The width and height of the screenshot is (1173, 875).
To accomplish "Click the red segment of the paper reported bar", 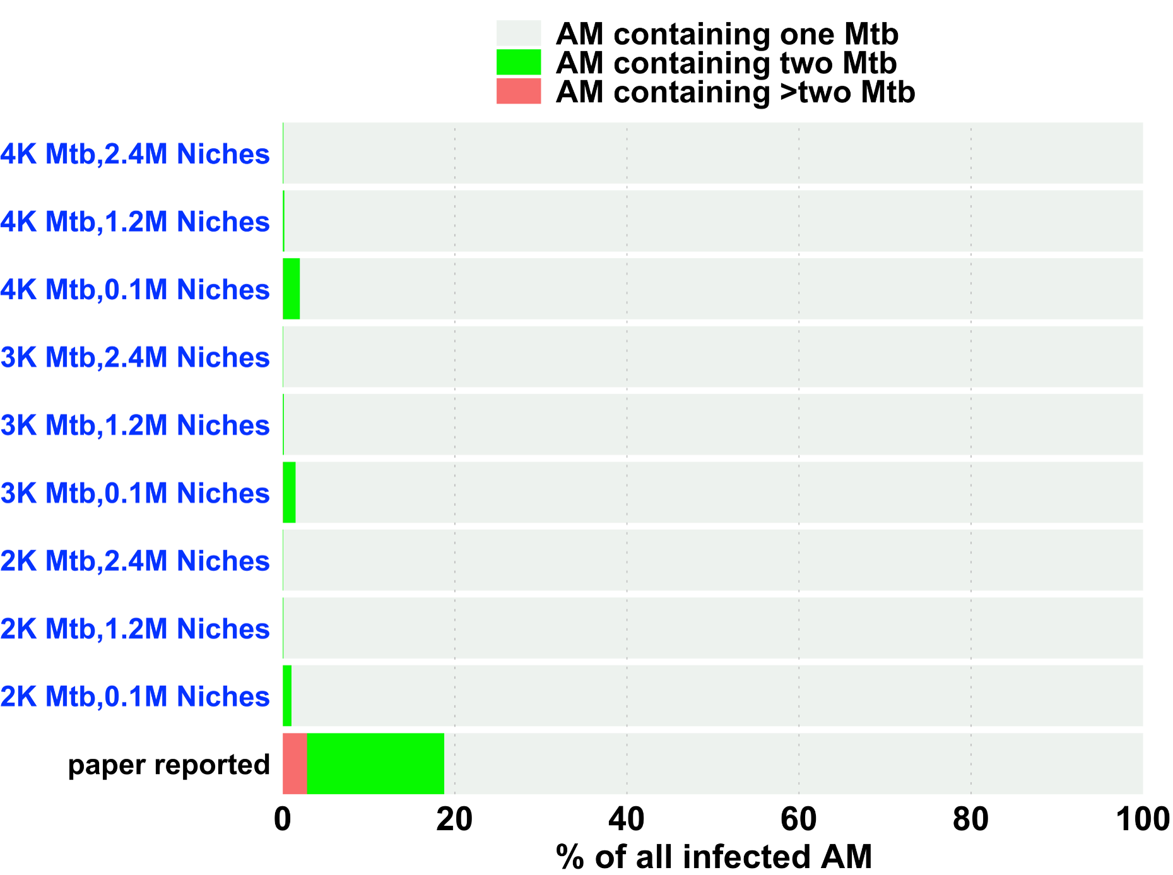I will point(295,763).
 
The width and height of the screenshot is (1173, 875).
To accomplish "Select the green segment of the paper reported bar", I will point(375,763).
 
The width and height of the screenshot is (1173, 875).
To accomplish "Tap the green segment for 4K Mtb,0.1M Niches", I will point(292,288).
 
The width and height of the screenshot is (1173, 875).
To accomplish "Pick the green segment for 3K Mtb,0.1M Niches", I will point(289,492).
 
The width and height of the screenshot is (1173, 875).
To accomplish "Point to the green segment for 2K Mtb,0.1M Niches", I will point(287,696).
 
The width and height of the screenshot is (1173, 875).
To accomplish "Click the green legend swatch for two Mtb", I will point(519,62).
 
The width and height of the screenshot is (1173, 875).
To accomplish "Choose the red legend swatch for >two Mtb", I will point(519,91).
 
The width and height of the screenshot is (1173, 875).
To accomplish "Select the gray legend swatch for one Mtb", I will point(519,33).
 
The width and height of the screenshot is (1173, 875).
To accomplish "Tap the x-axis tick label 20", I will point(454,820).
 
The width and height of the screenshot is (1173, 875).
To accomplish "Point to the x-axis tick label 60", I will point(798,820).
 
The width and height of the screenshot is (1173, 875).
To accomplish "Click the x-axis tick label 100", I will point(1142,820).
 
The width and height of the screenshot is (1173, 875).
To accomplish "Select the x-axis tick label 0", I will point(283,820).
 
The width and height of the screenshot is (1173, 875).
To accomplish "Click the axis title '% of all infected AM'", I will point(714,857).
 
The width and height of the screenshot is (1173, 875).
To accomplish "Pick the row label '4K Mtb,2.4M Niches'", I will point(135,154).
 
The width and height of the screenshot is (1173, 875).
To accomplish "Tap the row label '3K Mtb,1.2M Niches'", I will point(135,425).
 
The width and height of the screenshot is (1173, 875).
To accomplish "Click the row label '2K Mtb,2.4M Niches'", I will point(135,561).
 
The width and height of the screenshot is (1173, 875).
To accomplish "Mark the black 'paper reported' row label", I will point(168,765).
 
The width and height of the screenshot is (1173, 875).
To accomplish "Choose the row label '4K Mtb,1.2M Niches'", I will point(135,221).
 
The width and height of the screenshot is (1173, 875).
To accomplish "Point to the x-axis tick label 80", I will point(970,820).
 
